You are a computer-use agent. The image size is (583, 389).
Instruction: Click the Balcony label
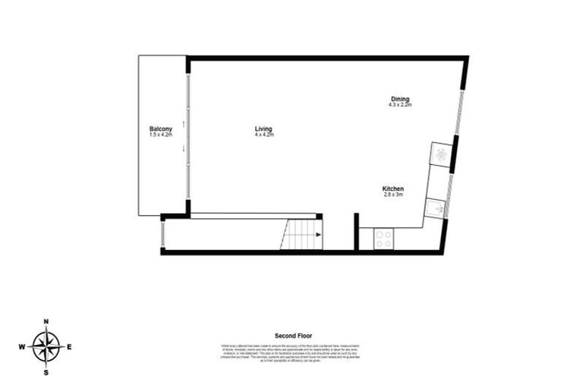161,128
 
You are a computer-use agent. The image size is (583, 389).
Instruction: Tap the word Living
263,128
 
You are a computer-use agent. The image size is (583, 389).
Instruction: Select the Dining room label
399,99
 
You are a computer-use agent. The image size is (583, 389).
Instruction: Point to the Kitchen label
392,188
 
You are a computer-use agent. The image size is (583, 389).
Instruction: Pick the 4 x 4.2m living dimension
263,134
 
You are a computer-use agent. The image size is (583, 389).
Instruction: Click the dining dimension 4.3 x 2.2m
399,105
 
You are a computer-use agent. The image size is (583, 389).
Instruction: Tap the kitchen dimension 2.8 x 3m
392,194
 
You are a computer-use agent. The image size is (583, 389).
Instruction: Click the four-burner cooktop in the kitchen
384,239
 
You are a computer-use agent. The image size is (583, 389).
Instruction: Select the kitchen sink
435,208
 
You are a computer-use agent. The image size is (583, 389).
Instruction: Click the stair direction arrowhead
318,235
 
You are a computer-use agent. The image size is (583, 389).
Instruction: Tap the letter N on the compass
46,322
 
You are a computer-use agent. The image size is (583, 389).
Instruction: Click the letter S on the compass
46,373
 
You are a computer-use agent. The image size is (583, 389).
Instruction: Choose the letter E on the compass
70,347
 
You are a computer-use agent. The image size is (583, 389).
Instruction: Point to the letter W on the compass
21,347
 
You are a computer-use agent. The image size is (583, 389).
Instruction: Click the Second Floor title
293,335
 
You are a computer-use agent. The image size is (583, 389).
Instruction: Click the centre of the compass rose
46,347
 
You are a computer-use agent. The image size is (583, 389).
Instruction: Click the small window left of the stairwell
162,233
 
